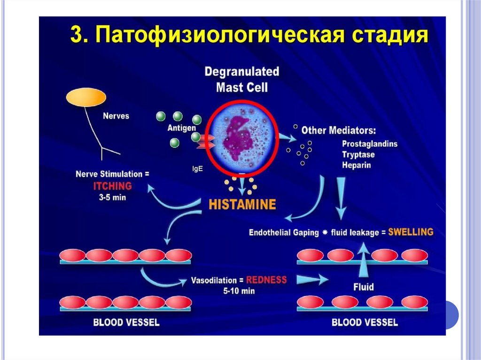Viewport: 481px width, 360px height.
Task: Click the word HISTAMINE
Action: (x=242, y=204)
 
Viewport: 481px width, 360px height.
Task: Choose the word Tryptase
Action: (x=358, y=154)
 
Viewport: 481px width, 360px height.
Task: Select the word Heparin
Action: (x=356, y=165)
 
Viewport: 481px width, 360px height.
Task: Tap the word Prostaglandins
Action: (x=370, y=144)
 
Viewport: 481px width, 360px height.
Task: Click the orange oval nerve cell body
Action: (x=85, y=97)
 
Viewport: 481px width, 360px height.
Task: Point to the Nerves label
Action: (x=116, y=115)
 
